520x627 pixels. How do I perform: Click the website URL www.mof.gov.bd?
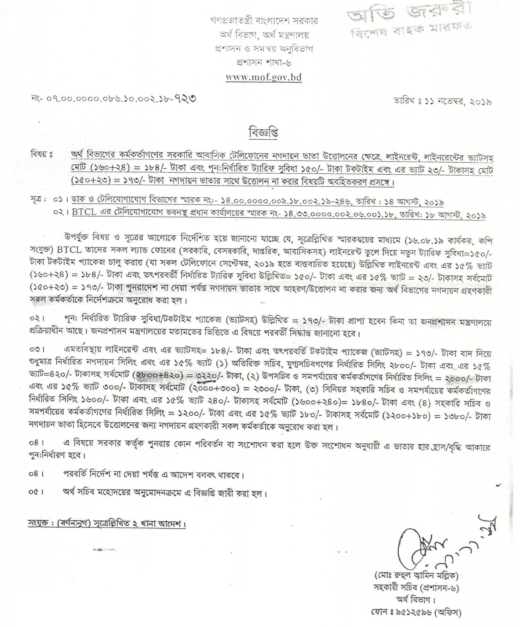264,78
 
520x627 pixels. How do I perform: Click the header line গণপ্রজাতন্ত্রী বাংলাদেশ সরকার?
264,21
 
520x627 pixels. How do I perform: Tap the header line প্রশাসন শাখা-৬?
263,63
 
